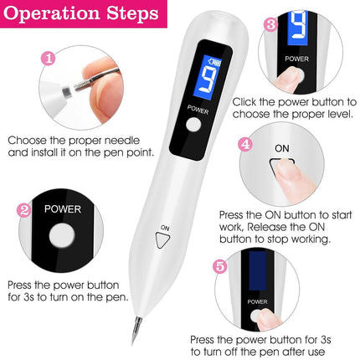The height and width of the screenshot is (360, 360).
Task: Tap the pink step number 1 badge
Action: pos(48,59)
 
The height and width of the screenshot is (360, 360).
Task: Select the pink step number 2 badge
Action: pos(25,209)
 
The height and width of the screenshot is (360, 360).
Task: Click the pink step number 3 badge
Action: pos(270,24)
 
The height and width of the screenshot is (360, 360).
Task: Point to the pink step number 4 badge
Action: pos(244,144)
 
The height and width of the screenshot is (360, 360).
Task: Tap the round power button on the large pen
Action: pos(196,126)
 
